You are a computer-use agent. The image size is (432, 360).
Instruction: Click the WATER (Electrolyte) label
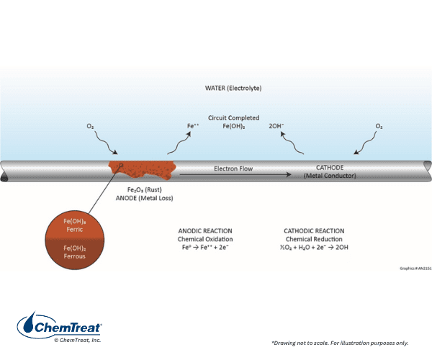coord(233,88)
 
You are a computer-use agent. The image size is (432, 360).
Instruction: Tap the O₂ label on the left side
coord(91,127)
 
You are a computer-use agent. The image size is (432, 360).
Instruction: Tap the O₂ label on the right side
coord(379,127)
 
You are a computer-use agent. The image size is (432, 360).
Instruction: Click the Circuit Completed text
coord(233,117)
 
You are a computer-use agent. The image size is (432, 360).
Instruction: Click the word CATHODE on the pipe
coord(329,168)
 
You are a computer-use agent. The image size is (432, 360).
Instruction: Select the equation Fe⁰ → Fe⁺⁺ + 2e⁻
coord(204,248)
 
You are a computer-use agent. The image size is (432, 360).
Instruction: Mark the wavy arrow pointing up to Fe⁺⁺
coord(175,144)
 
